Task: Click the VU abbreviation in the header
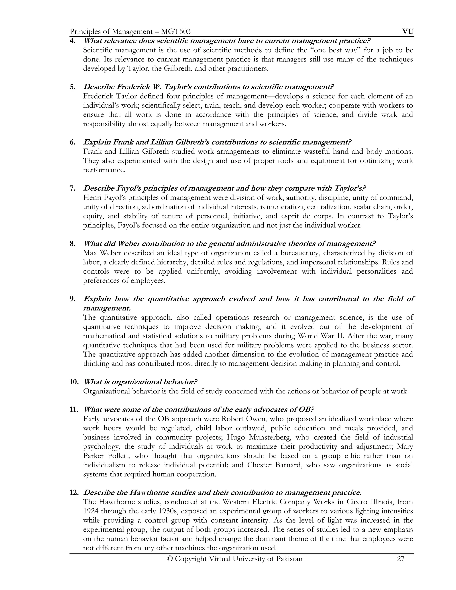pos(408,32)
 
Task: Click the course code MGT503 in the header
pos(176,32)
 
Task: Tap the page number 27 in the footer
pos(400,559)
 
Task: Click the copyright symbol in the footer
pos(170,559)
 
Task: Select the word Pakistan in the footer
pos(289,559)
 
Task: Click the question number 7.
pos(72,188)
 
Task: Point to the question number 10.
pos(74,382)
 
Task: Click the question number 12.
pos(74,492)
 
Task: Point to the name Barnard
pos(292,465)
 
